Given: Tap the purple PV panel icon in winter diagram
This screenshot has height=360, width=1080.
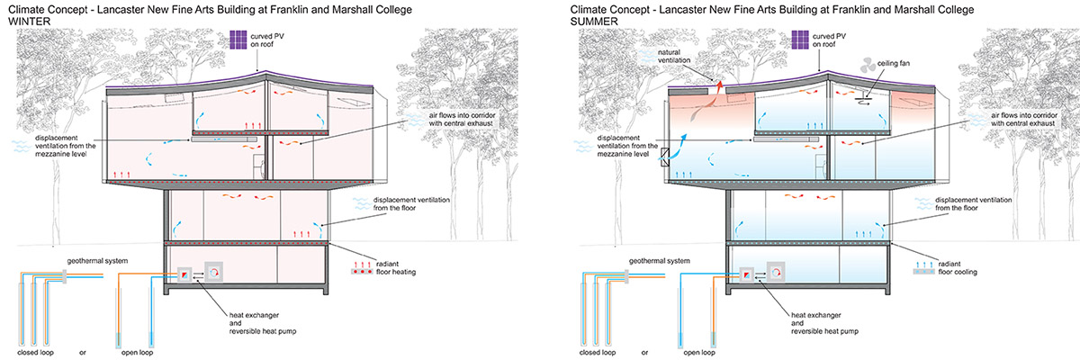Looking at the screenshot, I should [240, 41].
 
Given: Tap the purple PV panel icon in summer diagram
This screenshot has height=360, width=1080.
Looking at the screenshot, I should [799, 41].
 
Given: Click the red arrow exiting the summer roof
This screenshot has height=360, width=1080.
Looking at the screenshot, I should [719, 86].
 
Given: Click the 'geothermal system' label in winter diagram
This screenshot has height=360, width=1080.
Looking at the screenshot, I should [93, 260].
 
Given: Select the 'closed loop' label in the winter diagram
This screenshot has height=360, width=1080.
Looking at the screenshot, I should [37, 352].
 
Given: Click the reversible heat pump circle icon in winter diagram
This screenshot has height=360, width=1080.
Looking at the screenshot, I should [215, 273].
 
